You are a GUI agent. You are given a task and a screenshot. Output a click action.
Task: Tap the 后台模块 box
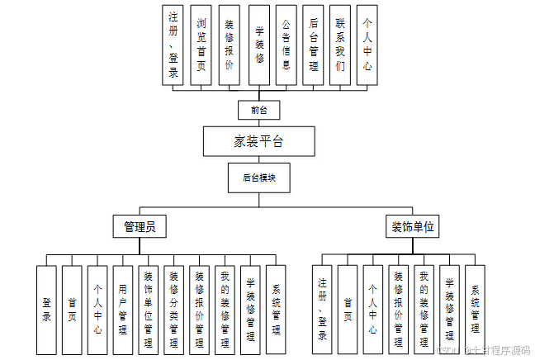(x=258, y=177)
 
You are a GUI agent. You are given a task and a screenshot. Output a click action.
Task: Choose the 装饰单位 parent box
(x=412, y=225)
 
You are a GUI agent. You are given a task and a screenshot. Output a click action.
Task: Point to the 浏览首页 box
(x=201, y=45)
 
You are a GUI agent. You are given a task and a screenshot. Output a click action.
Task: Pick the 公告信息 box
(x=286, y=45)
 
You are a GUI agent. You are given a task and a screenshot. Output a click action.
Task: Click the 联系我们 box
(x=339, y=45)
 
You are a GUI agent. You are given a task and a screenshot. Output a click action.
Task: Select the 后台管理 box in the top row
(x=312, y=45)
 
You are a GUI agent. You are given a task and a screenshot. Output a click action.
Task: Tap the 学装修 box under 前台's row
(x=258, y=45)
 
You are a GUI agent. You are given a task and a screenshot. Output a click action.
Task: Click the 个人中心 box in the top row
(x=367, y=45)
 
